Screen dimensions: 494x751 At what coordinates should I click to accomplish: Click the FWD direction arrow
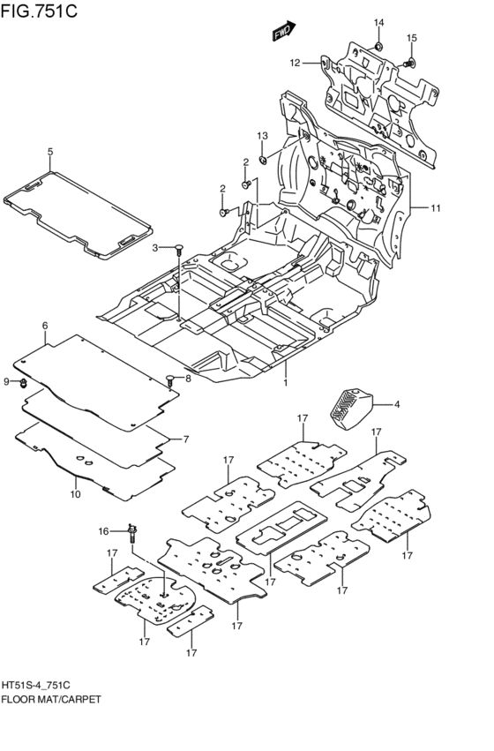[x=284, y=31]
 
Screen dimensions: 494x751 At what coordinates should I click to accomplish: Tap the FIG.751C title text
[x=39, y=10]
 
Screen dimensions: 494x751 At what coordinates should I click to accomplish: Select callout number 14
[x=378, y=23]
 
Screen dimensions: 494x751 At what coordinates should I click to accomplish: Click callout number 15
[x=412, y=38]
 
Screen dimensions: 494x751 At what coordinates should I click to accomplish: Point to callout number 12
[x=295, y=63]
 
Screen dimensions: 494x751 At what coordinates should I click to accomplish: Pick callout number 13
[x=262, y=136]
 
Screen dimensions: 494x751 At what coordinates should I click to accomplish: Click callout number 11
[x=435, y=208]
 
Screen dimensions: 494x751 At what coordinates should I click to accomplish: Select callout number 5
[x=50, y=152]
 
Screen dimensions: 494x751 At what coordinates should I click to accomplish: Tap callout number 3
[x=154, y=247]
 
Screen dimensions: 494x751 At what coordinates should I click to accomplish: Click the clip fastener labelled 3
[x=178, y=249]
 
